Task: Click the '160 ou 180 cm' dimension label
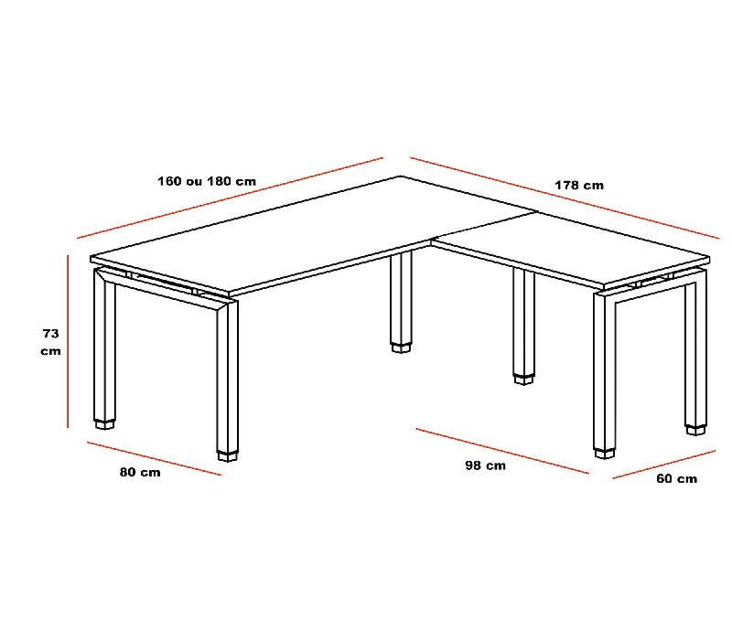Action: (x=206, y=181)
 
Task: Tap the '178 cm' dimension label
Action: (x=579, y=186)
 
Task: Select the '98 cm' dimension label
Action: (x=485, y=465)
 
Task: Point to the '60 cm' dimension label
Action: (x=676, y=478)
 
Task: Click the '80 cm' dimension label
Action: (x=140, y=472)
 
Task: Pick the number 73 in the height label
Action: (x=50, y=334)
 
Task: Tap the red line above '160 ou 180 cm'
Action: (x=229, y=198)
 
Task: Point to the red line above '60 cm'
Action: (x=663, y=464)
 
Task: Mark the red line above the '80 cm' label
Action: (x=154, y=458)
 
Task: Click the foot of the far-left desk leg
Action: (x=105, y=423)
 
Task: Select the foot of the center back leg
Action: (x=401, y=348)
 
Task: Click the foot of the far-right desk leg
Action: (x=696, y=427)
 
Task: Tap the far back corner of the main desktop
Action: (x=400, y=176)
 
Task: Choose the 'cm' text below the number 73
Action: (x=50, y=351)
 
